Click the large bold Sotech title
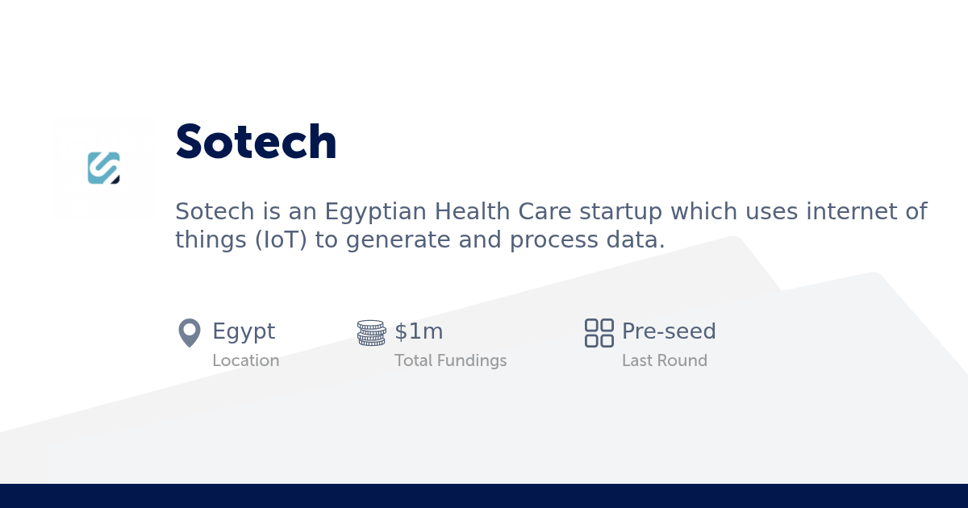pos(256,143)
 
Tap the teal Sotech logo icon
pos(104,168)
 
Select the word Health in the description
pos(466,212)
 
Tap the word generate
pos(386,240)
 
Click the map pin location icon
pos(189,332)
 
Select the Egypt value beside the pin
pos(244,331)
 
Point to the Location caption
pos(245,360)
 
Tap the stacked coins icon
pos(371,332)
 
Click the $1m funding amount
pos(419,331)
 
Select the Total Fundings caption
pos(450,360)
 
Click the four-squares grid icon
pos(599,332)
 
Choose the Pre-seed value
pos(669,331)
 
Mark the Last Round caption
pos(664,360)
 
